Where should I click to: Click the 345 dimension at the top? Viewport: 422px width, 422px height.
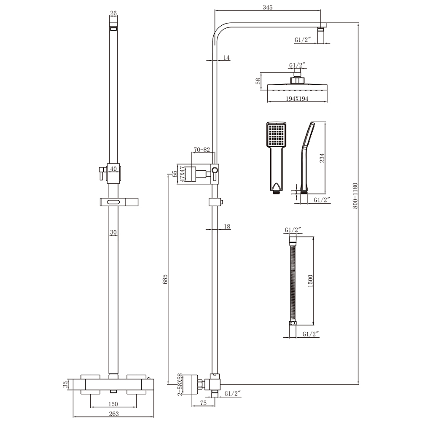click(267, 7)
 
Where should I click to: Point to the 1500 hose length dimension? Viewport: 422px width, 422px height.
click(310, 281)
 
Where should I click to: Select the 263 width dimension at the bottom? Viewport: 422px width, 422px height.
click(113, 414)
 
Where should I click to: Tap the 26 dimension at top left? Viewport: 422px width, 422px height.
click(113, 13)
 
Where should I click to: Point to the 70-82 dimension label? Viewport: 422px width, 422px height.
click(202, 150)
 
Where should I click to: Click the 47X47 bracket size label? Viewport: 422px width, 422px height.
click(182, 173)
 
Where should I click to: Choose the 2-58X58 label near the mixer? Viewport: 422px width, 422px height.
click(180, 384)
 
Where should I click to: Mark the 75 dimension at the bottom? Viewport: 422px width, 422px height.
click(204, 403)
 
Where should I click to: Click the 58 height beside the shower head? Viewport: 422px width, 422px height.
click(258, 81)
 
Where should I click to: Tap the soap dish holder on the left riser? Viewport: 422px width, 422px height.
click(114, 203)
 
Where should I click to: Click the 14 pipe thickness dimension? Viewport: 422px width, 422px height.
click(226, 58)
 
